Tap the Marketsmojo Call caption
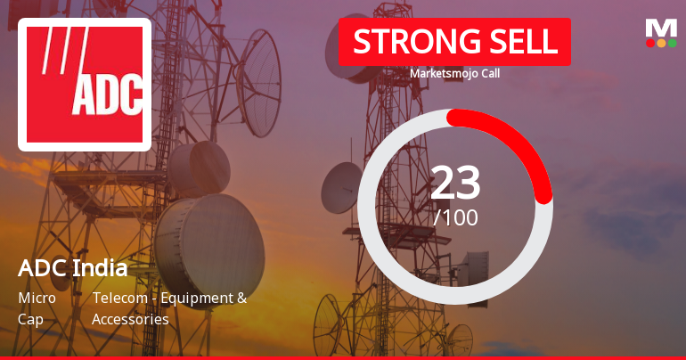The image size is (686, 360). click(454, 73)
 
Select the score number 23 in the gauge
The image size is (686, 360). click(455, 183)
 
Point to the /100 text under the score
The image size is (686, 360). click(455, 217)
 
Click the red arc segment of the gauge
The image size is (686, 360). click(521, 142)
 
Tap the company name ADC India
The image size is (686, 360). click(72, 267)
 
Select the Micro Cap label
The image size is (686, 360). click(37, 307)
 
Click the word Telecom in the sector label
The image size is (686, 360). click(119, 298)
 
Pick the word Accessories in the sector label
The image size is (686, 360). click(130, 318)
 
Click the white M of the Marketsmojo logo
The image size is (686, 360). click(661, 28)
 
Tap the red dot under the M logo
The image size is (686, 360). click(650, 43)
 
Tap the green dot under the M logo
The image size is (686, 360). click(673, 43)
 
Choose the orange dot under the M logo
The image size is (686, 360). click(661, 43)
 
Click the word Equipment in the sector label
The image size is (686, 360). click(201, 298)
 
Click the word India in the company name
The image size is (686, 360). click(101, 267)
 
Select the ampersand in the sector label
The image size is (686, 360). click(241, 298)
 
